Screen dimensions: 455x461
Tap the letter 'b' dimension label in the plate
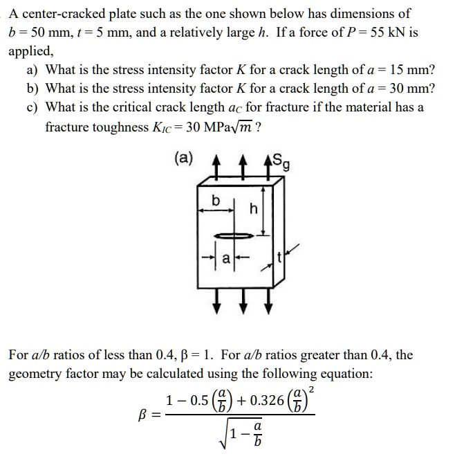click(216, 201)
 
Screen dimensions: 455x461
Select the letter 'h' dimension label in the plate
click(254, 208)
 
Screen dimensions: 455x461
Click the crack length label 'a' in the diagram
click(225, 259)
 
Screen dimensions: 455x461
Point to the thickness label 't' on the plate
click(279, 257)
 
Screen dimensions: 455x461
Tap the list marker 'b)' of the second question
click(33, 89)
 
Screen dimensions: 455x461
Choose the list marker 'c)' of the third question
click(33, 107)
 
